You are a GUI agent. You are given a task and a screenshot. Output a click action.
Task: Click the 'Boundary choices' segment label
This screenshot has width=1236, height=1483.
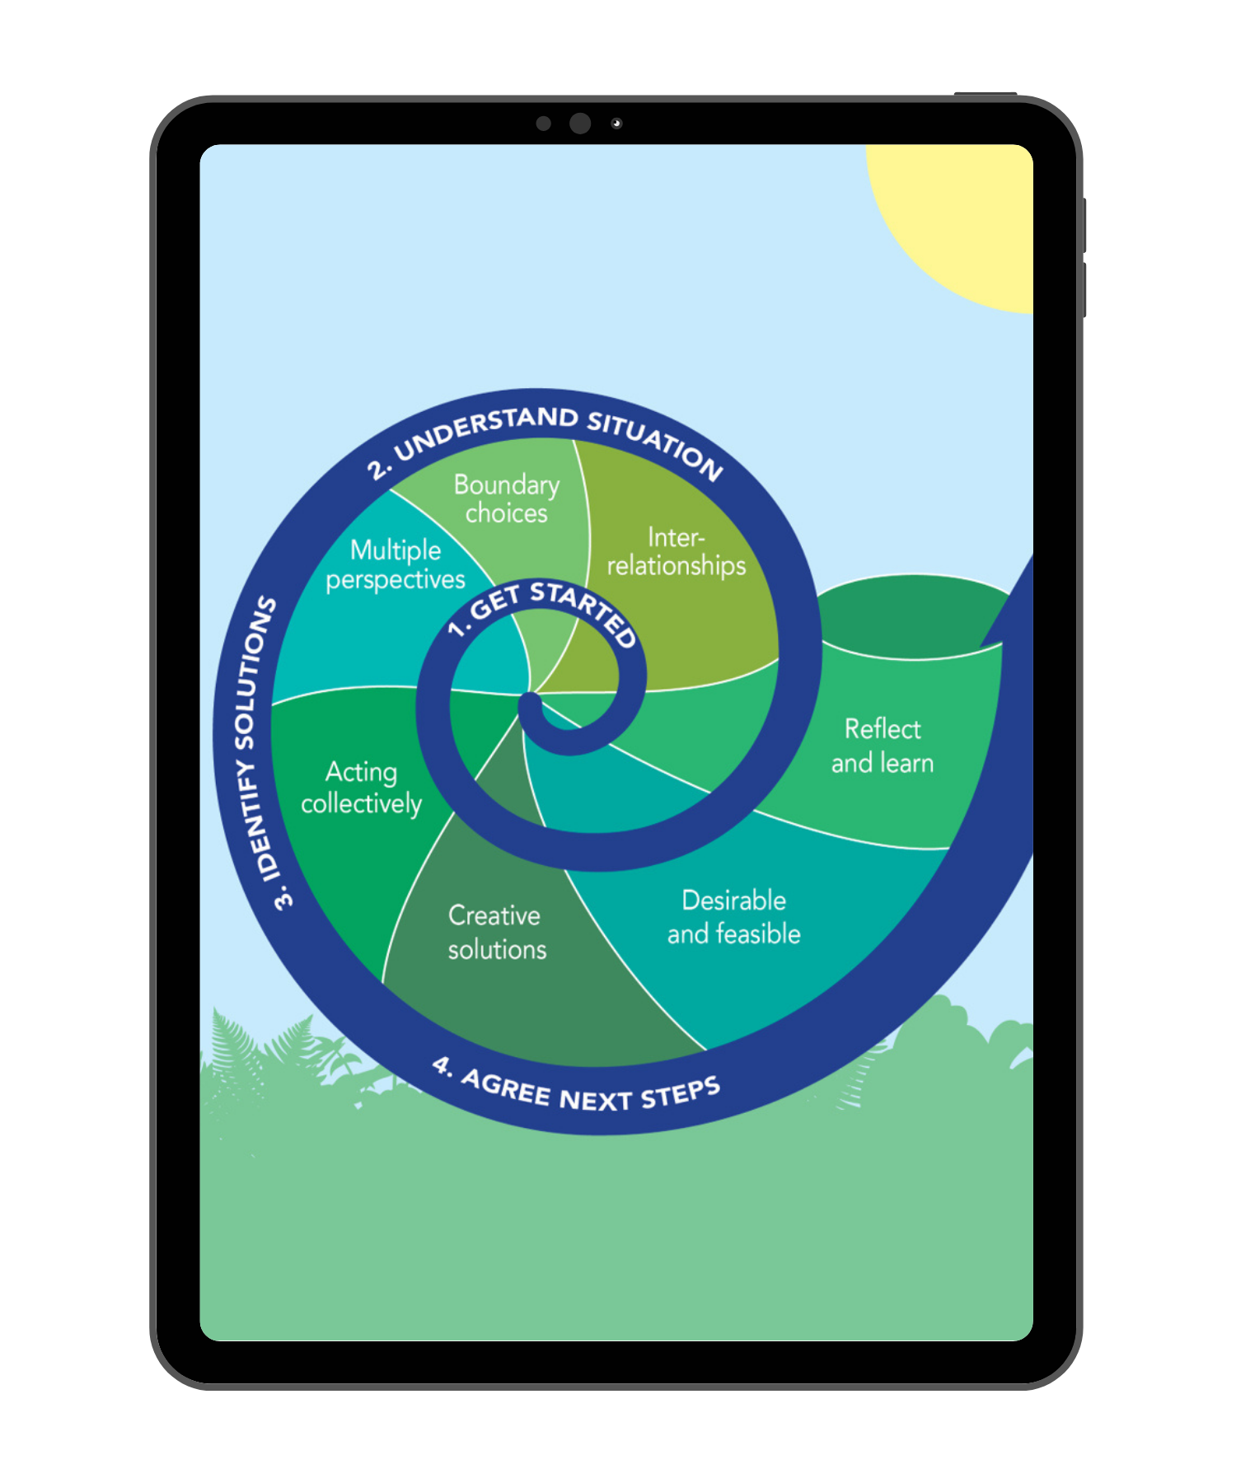[506, 498]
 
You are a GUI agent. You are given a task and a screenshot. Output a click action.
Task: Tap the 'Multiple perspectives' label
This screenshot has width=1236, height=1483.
[396, 565]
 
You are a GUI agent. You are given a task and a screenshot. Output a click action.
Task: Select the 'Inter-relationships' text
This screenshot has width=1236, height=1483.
[677, 551]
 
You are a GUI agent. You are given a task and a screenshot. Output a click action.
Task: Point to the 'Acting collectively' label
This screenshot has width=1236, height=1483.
[361, 788]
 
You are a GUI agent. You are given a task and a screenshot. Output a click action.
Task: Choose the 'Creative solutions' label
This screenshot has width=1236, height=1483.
[497, 933]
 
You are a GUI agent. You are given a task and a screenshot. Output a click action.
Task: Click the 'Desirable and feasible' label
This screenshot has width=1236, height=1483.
[733, 917]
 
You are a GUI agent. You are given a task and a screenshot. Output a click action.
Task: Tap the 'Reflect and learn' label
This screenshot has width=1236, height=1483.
[883, 746]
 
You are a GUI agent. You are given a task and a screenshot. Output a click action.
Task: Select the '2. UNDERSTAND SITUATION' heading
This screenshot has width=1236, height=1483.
[544, 437]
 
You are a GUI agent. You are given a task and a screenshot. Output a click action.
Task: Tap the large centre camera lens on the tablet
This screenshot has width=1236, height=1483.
[580, 124]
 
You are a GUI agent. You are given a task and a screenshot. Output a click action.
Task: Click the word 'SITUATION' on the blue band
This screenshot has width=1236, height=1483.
[656, 442]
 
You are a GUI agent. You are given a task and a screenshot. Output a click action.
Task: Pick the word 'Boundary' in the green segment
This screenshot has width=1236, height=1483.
[506, 484]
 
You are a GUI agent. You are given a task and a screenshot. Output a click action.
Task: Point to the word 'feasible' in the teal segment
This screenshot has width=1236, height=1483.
[758, 934]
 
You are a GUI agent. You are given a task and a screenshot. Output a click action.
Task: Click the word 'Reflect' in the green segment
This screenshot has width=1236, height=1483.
[883, 729]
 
